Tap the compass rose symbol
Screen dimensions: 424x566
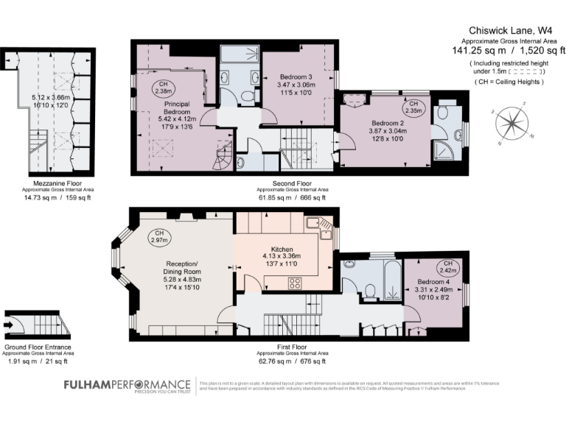click(x=510, y=123)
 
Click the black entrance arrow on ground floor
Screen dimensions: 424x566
click(x=9, y=323)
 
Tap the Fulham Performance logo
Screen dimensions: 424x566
click(x=126, y=386)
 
